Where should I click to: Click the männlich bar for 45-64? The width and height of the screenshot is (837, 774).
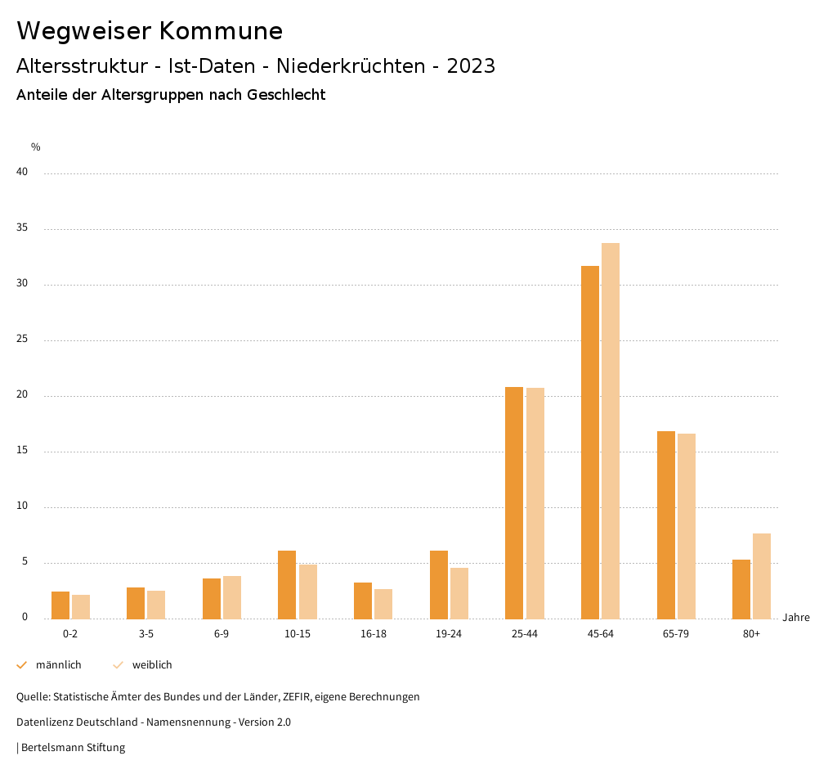590,442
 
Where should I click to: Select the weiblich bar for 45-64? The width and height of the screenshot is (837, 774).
611,430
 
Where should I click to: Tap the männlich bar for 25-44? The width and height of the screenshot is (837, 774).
514,502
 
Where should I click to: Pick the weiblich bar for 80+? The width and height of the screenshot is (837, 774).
762,576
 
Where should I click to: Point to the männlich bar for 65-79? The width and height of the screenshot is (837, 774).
666,524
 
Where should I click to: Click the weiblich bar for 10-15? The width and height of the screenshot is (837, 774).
307,592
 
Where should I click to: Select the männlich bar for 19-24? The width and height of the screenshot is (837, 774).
439,584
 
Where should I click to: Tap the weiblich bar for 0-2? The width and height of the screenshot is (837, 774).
81,606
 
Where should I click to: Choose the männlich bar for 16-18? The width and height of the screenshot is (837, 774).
363,601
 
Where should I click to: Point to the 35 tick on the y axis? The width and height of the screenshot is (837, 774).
22,228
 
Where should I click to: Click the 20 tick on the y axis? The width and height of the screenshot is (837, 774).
22,395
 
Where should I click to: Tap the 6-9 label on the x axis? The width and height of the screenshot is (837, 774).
222,634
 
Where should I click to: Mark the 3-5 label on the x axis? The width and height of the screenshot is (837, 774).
146,634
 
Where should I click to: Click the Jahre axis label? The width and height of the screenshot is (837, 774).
795,618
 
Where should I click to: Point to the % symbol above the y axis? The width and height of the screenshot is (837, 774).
36,147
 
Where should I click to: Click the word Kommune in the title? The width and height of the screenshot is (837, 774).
221,31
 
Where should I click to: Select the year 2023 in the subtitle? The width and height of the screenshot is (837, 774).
471,66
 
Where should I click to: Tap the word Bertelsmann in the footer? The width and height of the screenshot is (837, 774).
51,748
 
